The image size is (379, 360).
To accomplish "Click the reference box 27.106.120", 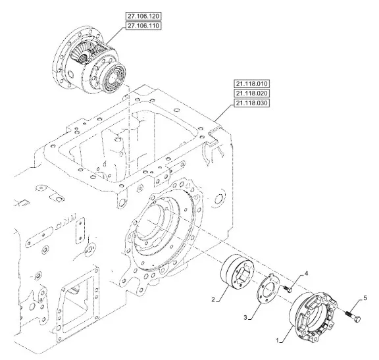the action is (143, 16).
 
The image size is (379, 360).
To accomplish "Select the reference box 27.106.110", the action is (143, 26).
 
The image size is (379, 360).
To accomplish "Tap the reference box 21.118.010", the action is (251, 84).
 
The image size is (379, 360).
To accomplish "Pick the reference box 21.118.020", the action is (251, 93).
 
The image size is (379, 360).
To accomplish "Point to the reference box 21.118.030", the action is (251, 103).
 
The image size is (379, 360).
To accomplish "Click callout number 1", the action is (278, 340).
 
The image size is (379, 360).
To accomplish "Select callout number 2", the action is (213, 299).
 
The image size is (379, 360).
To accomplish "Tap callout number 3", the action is (245, 317).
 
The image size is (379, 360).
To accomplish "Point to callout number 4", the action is (306, 274).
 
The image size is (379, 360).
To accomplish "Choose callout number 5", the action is (365, 298).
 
